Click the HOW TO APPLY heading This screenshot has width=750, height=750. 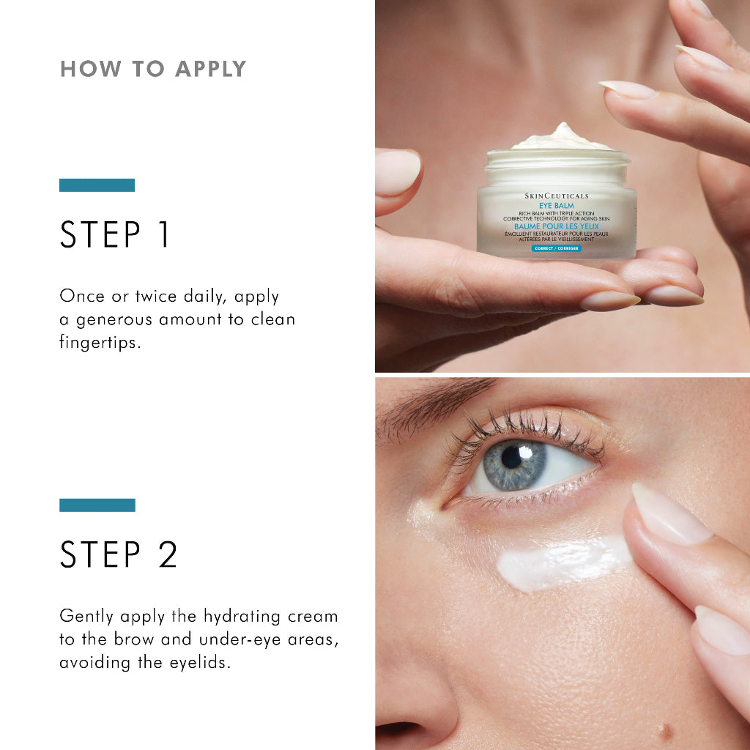tap(153, 70)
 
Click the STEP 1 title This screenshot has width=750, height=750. tap(115, 234)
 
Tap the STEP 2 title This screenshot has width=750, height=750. tap(119, 554)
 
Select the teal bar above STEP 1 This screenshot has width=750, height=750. tap(97, 185)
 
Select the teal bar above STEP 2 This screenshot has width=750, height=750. tap(97, 505)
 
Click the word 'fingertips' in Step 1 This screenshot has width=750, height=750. tap(99, 343)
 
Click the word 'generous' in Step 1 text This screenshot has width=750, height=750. tap(121, 319)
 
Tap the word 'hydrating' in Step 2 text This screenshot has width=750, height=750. tap(235, 616)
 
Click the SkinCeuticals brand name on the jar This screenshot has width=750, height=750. tap(557, 196)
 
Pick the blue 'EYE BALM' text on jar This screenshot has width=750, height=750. tap(556, 206)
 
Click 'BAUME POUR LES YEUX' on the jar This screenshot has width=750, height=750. tap(556, 226)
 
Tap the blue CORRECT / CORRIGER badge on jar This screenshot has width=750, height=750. tap(556, 249)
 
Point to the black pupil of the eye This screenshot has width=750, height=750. tap(511, 456)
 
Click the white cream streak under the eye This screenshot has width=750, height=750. tap(560, 563)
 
